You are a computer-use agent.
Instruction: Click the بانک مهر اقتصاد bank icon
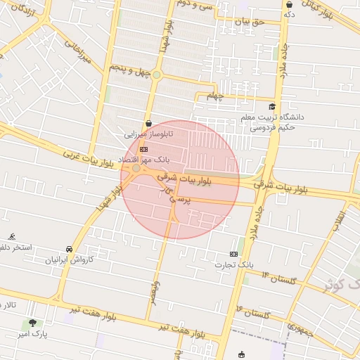point(143,149)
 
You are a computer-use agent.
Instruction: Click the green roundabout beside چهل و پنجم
point(157,75)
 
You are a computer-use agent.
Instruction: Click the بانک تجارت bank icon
point(233,254)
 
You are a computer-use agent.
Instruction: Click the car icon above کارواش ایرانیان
point(69,249)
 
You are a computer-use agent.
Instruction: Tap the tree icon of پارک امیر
point(32,323)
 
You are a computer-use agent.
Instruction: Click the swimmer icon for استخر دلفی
point(13,237)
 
